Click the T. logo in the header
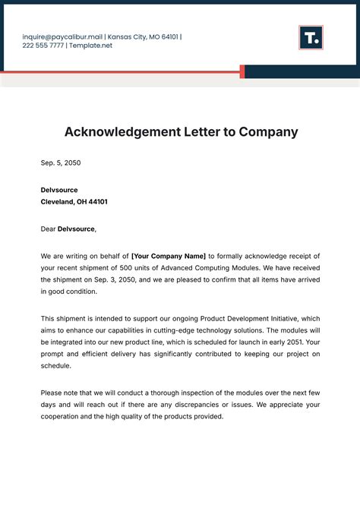(311, 37)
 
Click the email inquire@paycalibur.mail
(62, 36)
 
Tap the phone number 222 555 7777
(43, 46)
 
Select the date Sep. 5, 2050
(61, 162)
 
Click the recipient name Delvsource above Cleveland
(59, 190)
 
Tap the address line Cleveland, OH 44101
(74, 202)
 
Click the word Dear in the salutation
(49, 229)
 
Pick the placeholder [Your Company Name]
(169, 256)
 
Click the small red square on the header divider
(242, 71)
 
